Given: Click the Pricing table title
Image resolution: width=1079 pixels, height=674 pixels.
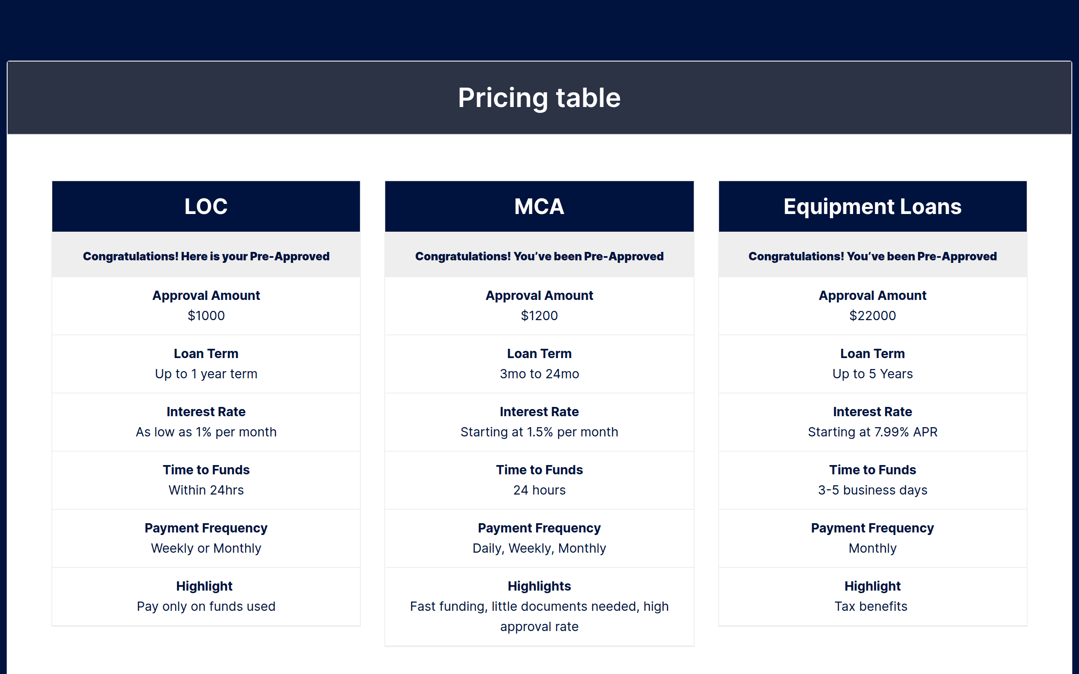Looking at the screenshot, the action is point(539,98).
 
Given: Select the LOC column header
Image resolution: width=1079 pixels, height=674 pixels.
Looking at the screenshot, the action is point(206,206).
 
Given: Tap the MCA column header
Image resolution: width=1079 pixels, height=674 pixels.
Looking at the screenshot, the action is point(539,206).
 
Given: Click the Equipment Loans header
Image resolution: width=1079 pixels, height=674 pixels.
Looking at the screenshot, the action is point(872,206).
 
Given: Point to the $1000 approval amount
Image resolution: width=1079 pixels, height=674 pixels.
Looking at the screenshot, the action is point(206,316).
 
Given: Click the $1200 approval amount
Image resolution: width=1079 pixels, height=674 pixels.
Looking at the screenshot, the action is point(539,316).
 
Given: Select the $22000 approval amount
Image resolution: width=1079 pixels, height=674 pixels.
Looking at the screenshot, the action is point(872,316).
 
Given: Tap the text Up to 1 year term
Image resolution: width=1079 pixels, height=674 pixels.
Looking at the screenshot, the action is point(206,374).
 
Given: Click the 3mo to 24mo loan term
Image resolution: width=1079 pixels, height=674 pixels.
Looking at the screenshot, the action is point(539,374).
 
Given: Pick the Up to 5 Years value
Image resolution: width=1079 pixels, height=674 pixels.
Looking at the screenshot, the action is point(872,374).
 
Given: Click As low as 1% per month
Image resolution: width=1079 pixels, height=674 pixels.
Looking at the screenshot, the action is point(206,432).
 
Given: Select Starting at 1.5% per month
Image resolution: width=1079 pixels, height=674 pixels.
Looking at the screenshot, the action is point(539,432).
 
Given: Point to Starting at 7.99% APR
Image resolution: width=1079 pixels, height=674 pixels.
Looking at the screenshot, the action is point(872,432).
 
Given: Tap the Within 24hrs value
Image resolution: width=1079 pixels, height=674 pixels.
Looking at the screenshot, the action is point(206,490).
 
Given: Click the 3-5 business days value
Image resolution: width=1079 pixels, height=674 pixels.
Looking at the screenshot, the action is point(872,490).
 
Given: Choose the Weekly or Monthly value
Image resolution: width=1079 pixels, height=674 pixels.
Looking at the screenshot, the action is point(206,548).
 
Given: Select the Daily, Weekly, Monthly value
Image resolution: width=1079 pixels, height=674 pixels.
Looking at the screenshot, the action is point(539,548).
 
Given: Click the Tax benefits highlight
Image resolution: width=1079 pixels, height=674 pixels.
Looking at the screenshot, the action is point(871,607).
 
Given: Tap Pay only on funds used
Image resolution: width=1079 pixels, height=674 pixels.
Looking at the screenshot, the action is point(206,607).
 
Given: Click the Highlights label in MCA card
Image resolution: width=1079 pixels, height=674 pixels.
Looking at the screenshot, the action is point(539,586).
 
